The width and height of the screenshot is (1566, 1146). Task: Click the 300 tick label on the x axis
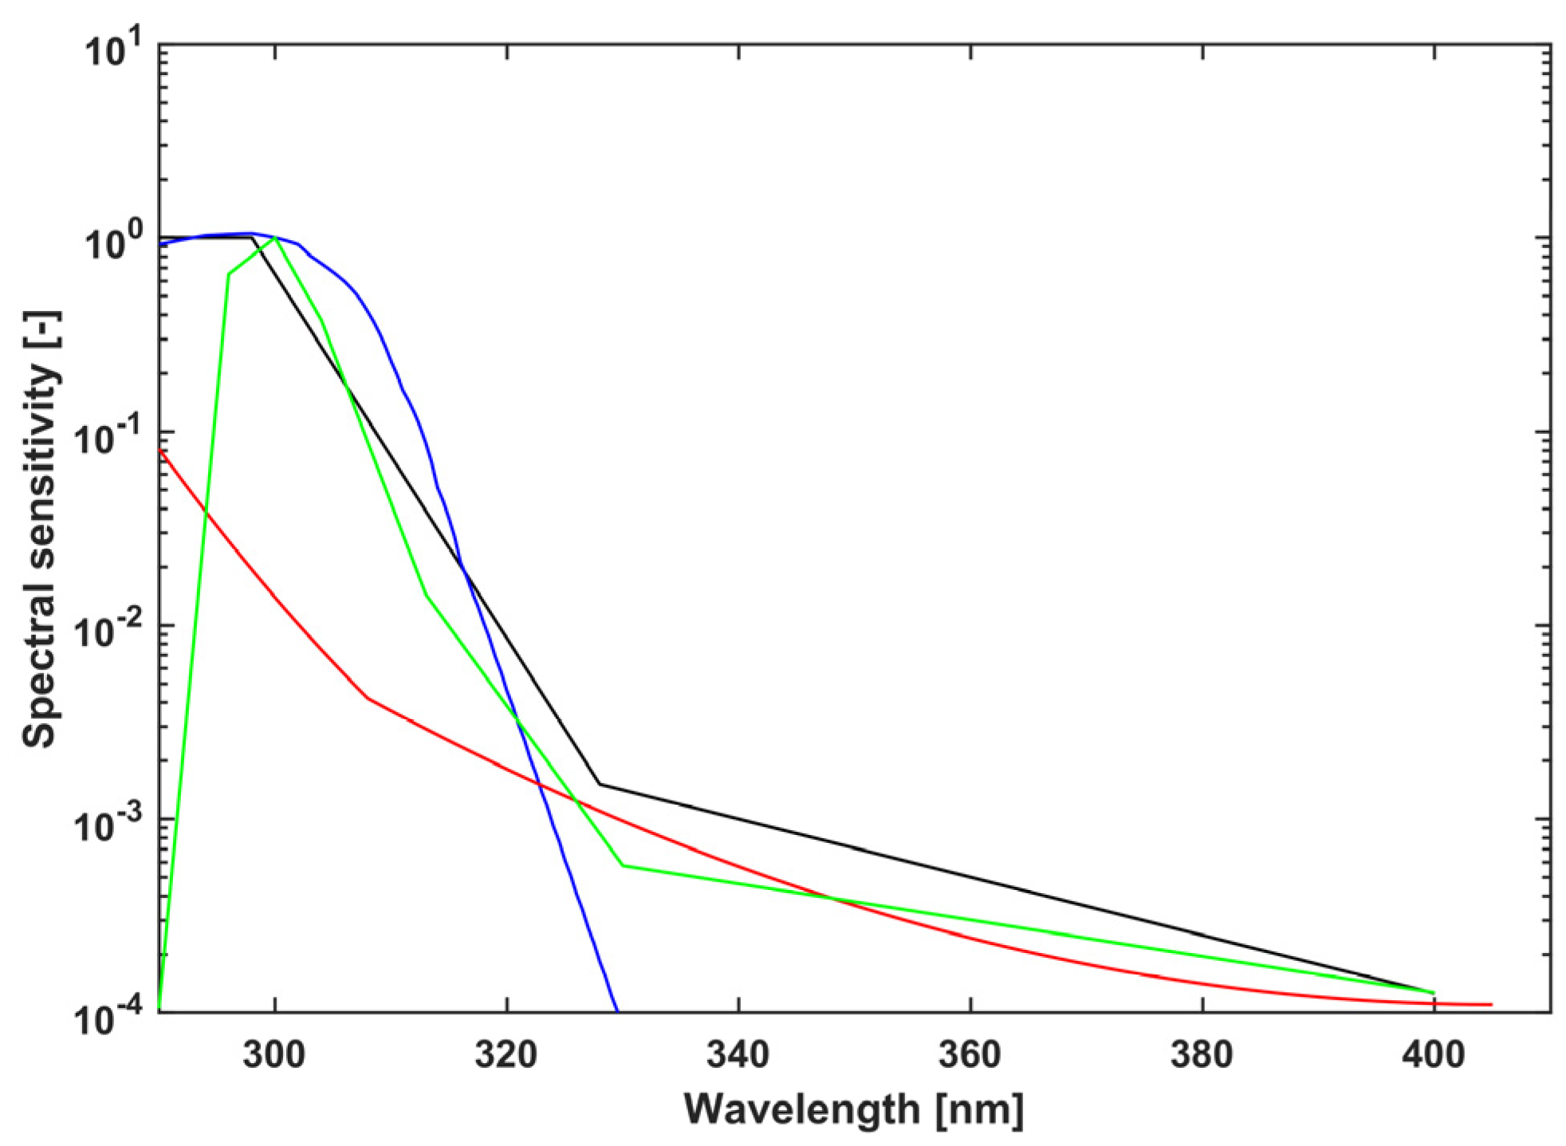pos(274,1055)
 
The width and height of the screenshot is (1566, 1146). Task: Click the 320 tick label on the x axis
pos(506,1055)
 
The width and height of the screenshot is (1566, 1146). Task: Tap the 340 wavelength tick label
pos(738,1055)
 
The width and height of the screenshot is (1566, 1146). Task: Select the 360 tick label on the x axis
pos(970,1055)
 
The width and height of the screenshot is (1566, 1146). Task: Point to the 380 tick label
pos(1202,1055)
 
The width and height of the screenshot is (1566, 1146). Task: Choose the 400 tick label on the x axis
pos(1434,1055)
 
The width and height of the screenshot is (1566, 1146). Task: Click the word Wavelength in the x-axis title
pos(802,1109)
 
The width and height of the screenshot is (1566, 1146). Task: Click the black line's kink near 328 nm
pos(600,784)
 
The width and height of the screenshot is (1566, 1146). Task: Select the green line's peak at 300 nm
pos(276,238)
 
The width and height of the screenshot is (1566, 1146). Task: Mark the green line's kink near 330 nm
pos(623,865)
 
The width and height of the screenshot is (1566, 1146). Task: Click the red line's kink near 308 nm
pos(368,699)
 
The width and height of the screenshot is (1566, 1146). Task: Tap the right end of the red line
pos(1490,1004)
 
